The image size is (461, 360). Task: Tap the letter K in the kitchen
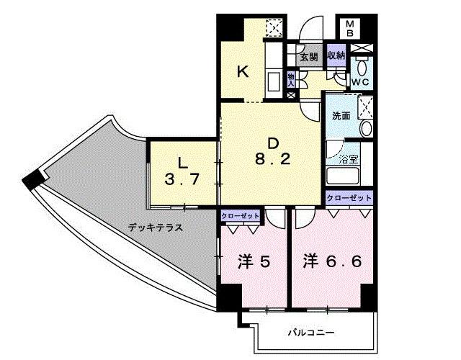coord(243,71)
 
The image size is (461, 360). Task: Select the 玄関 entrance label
coord(308,57)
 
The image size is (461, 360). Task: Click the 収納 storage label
coord(335,55)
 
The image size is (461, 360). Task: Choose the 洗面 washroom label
coord(341,116)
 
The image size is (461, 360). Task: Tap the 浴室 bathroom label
coord(349,159)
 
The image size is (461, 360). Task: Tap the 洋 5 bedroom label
coord(254,261)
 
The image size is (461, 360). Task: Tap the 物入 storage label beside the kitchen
coord(290,77)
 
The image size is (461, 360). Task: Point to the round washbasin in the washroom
coord(365,129)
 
